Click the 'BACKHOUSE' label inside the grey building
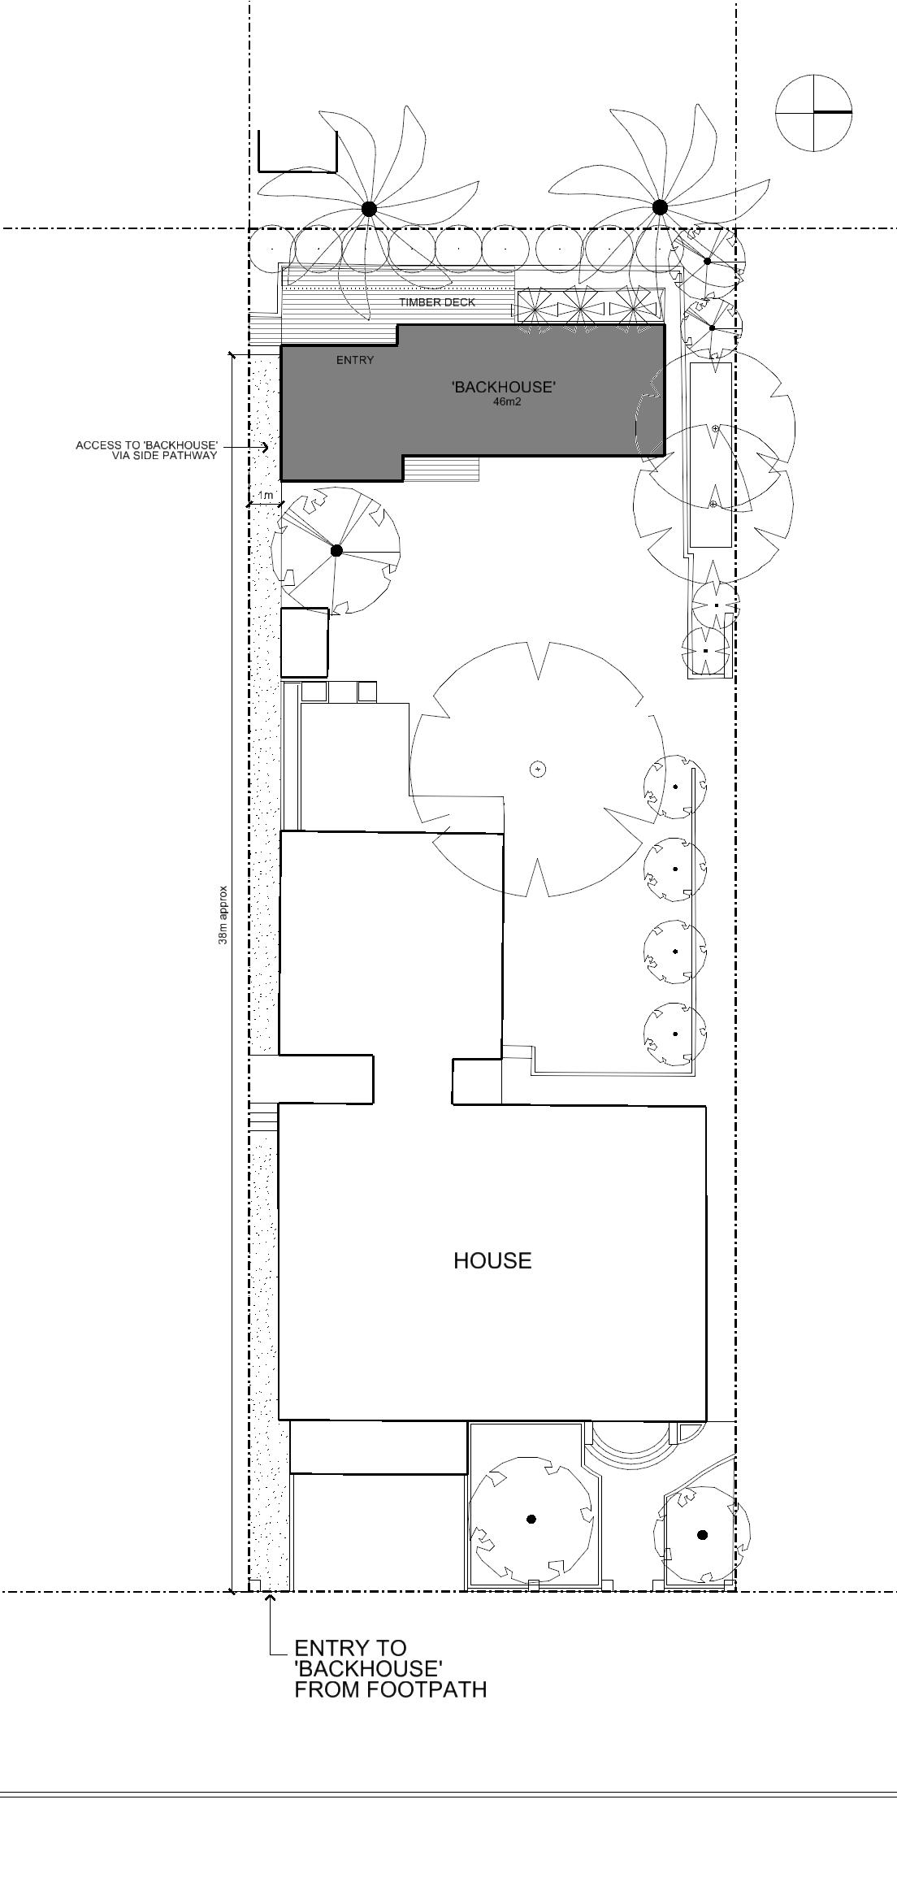point(504,387)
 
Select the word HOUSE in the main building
point(492,1260)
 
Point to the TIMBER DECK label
point(437,302)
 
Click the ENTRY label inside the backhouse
point(355,360)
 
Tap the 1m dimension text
point(266,495)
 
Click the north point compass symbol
point(813,112)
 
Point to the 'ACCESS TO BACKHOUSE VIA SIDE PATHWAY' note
point(147,450)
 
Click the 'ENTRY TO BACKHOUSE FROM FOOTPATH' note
point(390,1668)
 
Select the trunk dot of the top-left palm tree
point(369,209)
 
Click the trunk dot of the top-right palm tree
point(660,207)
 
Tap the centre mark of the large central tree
point(537,769)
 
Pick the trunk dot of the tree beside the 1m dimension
point(336,551)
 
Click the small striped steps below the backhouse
point(442,469)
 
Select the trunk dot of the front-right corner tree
point(703,1535)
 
